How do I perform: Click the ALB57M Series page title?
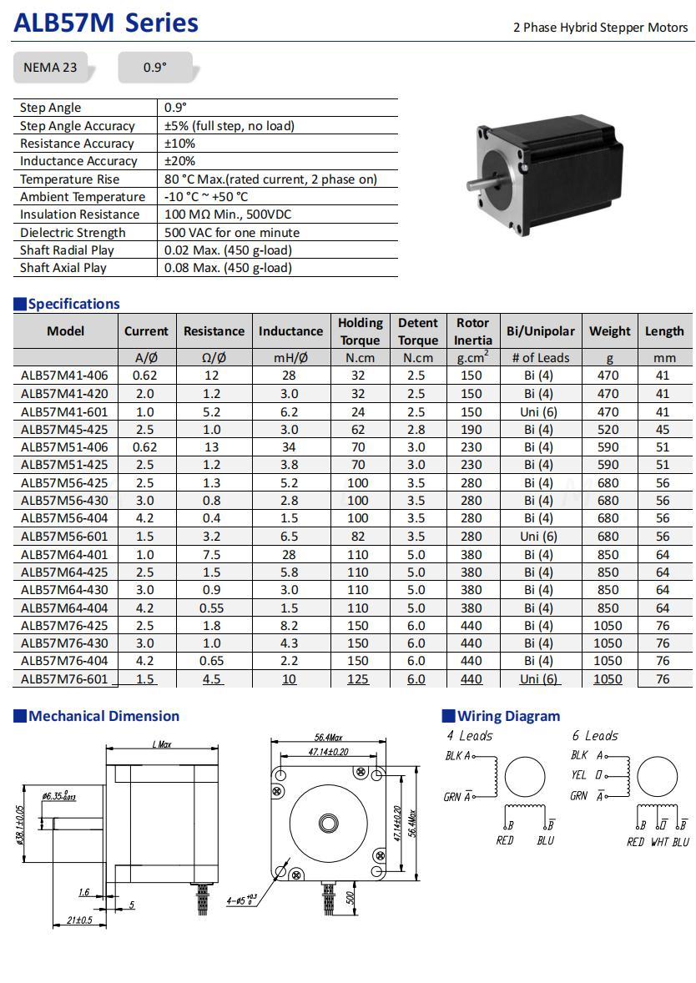coord(106,23)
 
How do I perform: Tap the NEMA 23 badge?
coord(50,68)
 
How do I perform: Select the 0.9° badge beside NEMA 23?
coord(154,68)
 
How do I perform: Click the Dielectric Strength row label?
coord(73,233)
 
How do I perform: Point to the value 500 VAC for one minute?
coord(232,233)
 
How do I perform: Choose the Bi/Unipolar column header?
coord(540,331)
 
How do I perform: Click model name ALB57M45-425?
coord(65,430)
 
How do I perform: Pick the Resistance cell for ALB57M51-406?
coord(212,447)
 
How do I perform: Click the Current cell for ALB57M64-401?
coord(145,555)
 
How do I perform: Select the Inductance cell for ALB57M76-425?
coord(290,626)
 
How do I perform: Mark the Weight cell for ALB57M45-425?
coord(608,430)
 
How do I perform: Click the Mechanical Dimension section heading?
coord(103,716)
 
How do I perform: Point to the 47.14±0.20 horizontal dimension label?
coord(329,752)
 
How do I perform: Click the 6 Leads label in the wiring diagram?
coord(595,736)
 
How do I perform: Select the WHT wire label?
coord(659,842)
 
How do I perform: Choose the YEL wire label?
coord(579,775)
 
